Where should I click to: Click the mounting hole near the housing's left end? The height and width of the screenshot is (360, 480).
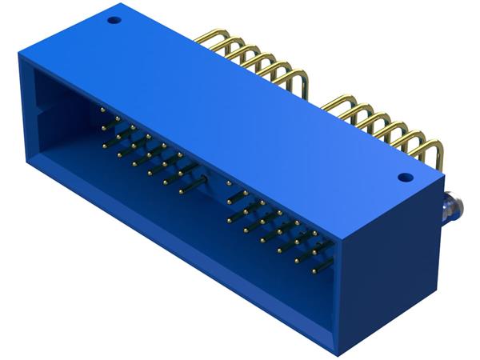(x=114, y=15)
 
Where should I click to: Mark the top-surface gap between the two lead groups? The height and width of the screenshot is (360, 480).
(x=316, y=94)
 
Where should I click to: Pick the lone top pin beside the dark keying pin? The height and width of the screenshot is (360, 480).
(x=230, y=183)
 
